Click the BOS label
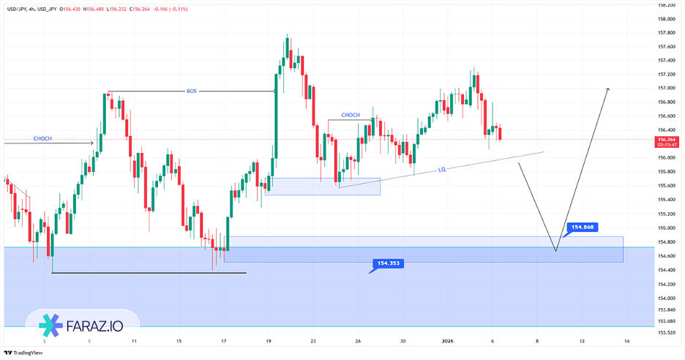click(x=192, y=91)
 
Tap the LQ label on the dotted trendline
click(x=442, y=169)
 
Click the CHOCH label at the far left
click(x=42, y=138)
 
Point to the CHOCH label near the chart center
click(x=351, y=115)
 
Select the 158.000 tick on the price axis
click(x=665, y=18)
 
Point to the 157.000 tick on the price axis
click(x=665, y=88)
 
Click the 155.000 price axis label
click(x=665, y=228)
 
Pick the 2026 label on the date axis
click(x=448, y=341)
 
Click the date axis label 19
click(x=269, y=341)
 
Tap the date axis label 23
click(x=312, y=341)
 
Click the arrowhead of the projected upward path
click(x=607, y=89)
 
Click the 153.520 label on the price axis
click(x=665, y=331)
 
